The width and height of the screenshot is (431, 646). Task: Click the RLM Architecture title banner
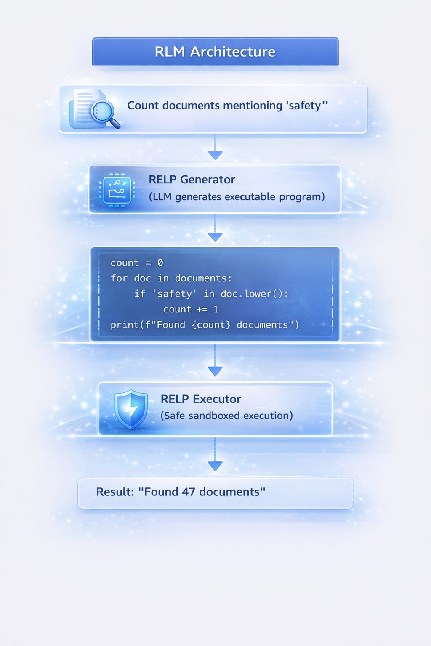click(215, 51)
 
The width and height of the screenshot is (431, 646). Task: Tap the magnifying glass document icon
click(95, 109)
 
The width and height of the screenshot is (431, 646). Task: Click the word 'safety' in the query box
click(304, 105)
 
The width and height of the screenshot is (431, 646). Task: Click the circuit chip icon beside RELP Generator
click(117, 190)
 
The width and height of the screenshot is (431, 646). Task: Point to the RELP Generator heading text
click(192, 180)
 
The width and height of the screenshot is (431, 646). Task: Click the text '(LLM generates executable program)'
click(237, 197)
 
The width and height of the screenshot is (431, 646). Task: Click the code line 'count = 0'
click(136, 263)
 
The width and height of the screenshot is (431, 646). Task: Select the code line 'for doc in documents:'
click(171, 278)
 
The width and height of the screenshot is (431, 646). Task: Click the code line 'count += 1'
click(191, 310)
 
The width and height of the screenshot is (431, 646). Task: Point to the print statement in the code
click(205, 325)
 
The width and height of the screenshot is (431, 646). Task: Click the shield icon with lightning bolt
click(131, 409)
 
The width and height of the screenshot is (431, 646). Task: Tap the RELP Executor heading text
click(201, 399)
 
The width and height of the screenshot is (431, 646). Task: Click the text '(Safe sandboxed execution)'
click(226, 416)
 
